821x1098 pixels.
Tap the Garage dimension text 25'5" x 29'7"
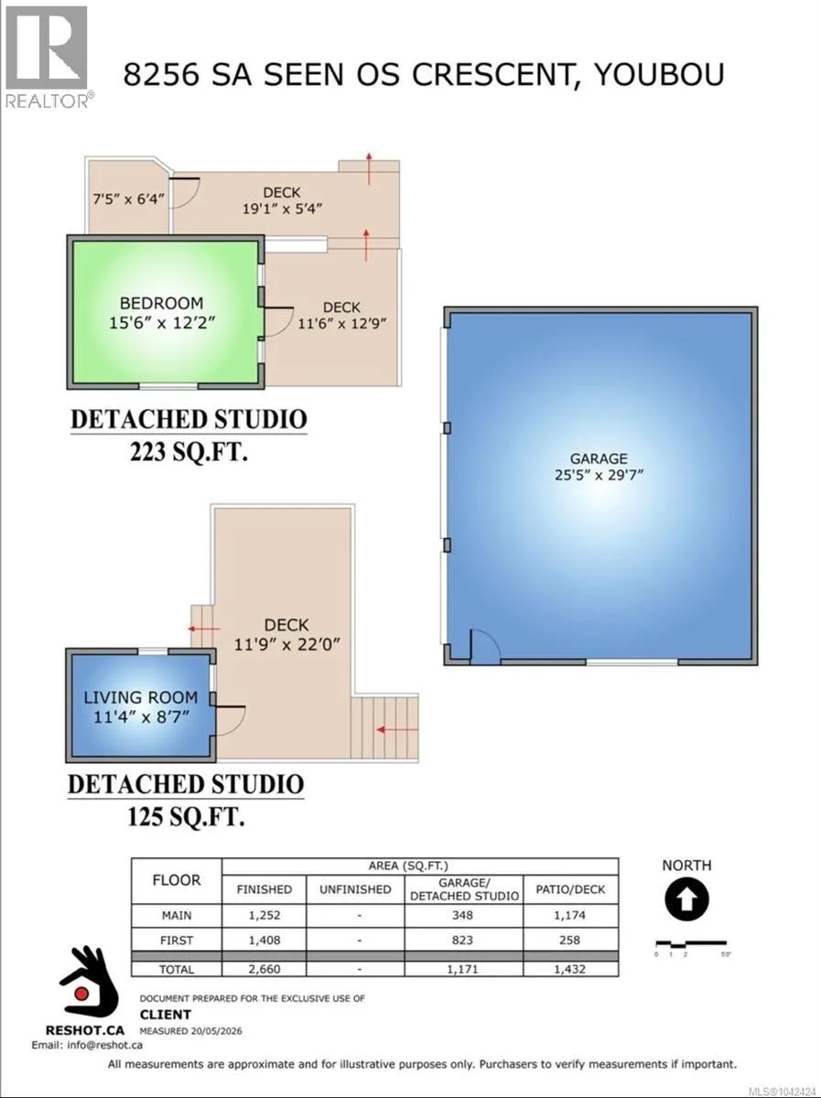(599, 475)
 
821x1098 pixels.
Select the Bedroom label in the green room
(161, 303)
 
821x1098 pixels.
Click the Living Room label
(141, 697)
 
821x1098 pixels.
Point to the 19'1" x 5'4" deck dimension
(282, 208)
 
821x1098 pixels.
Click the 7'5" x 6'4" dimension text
(128, 199)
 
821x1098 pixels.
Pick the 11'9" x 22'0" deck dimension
(287, 644)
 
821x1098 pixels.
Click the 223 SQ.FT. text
(189, 453)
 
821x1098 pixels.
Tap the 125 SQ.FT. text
(186, 817)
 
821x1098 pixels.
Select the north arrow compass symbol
(686, 899)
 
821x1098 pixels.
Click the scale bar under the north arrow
(691, 944)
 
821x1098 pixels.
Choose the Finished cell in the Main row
(265, 915)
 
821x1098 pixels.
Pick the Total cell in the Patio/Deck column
(570, 969)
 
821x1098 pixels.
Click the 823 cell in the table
(462, 940)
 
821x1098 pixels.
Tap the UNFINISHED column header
(355, 889)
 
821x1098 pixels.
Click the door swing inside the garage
(485, 646)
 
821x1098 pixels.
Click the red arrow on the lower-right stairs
(396, 730)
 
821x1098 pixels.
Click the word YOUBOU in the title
(659, 75)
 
